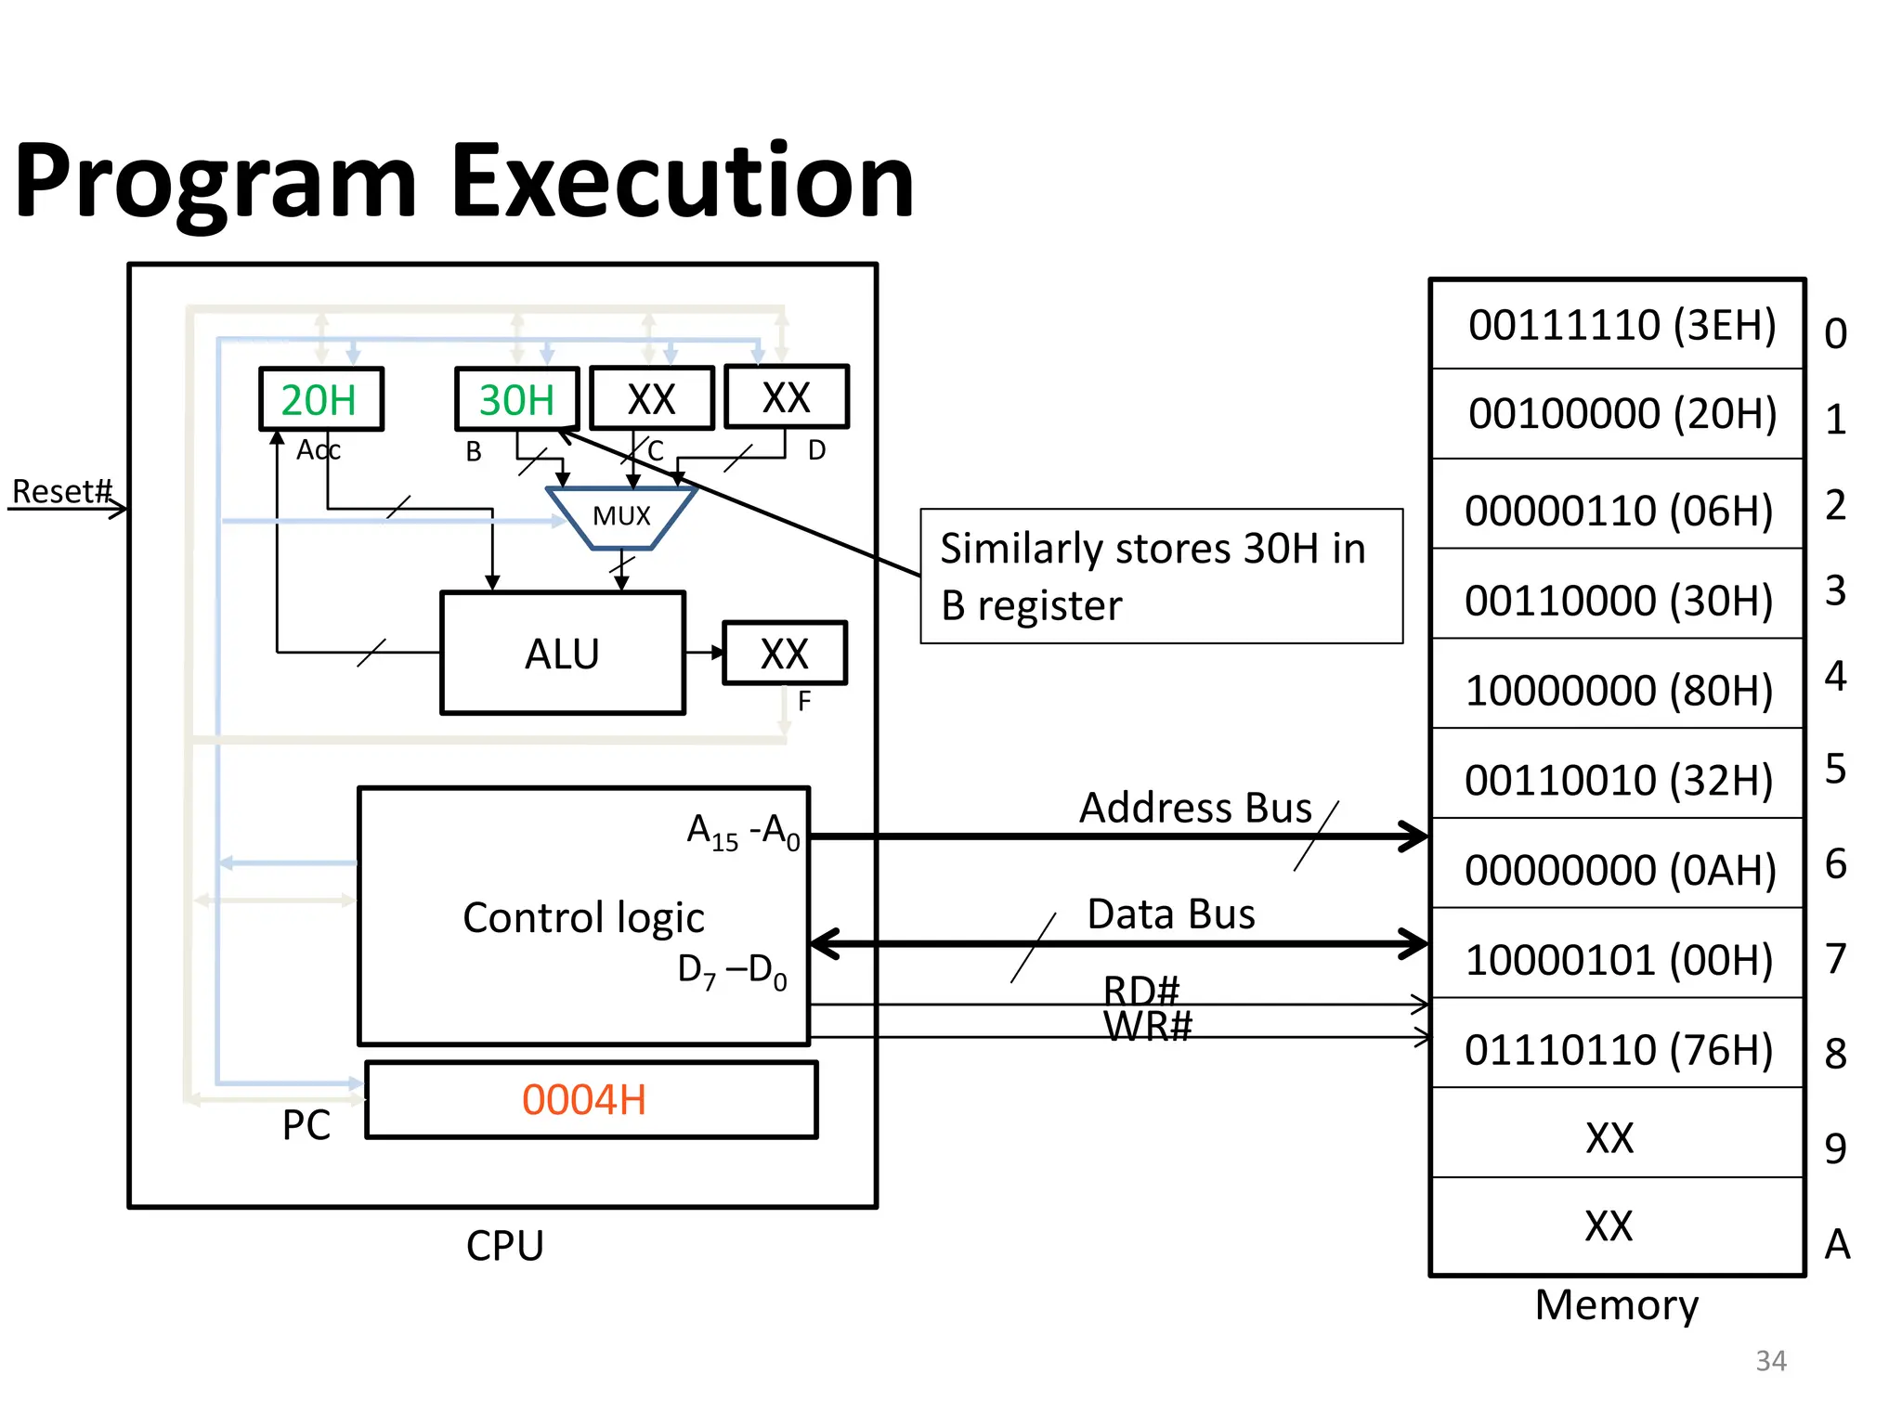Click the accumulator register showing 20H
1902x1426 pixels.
click(320, 400)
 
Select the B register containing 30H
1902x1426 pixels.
click(516, 400)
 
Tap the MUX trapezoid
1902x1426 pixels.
click(621, 516)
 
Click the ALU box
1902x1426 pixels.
click(563, 654)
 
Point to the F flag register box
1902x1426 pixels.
click(785, 654)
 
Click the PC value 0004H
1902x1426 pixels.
click(584, 1100)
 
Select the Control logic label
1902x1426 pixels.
click(583, 917)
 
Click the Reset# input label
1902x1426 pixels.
click(61, 491)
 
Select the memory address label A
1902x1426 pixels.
click(1837, 1244)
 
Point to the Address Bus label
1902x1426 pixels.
click(1195, 808)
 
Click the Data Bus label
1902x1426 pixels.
click(1171, 914)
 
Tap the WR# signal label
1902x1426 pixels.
click(1148, 1027)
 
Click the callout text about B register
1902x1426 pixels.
click(1152, 576)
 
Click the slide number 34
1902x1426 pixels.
click(1771, 1361)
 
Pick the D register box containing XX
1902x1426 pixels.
click(787, 398)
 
